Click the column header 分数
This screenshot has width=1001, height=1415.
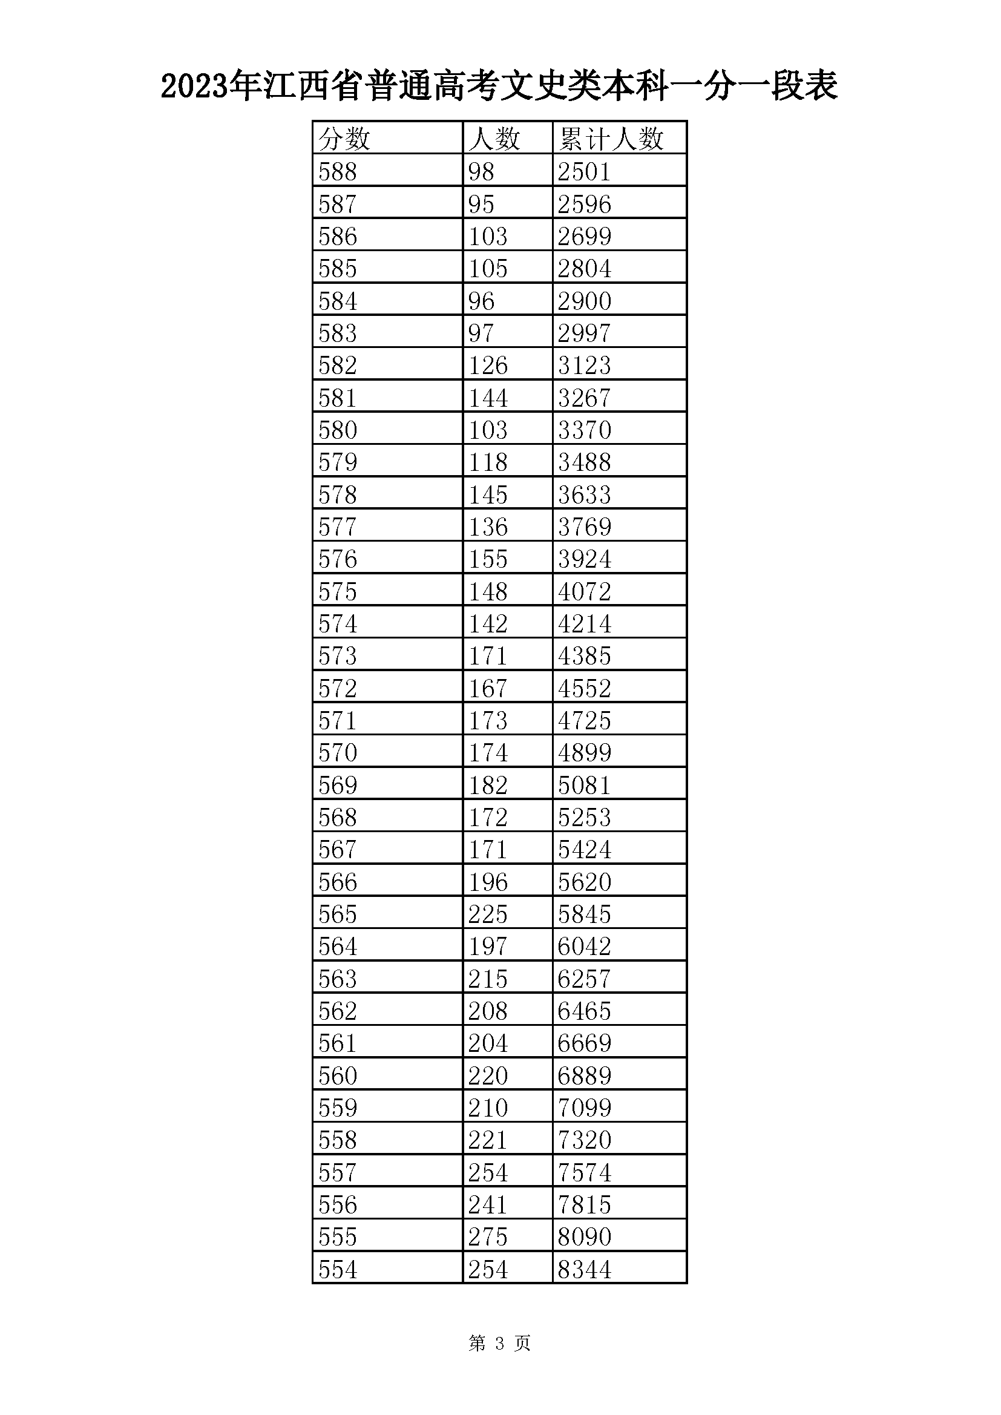pyautogui.click(x=344, y=139)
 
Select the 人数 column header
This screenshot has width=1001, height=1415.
pyautogui.click(x=494, y=139)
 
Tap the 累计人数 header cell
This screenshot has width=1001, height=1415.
pyautogui.click(x=610, y=139)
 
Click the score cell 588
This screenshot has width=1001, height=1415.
pyautogui.click(x=338, y=171)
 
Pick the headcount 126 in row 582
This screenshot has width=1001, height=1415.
pyautogui.click(x=488, y=365)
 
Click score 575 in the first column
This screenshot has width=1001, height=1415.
pyautogui.click(x=338, y=591)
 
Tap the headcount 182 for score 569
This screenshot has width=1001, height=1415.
pyautogui.click(x=488, y=784)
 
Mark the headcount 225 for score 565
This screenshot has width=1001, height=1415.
pyautogui.click(x=488, y=914)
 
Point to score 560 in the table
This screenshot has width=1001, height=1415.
pyautogui.click(x=338, y=1075)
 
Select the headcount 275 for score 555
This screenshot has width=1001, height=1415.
pyautogui.click(x=488, y=1237)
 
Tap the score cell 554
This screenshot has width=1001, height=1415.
pyautogui.click(x=338, y=1270)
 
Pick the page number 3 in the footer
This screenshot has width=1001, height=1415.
pyautogui.click(x=499, y=1342)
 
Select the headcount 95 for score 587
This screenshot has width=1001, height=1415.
pyautogui.click(x=481, y=204)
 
